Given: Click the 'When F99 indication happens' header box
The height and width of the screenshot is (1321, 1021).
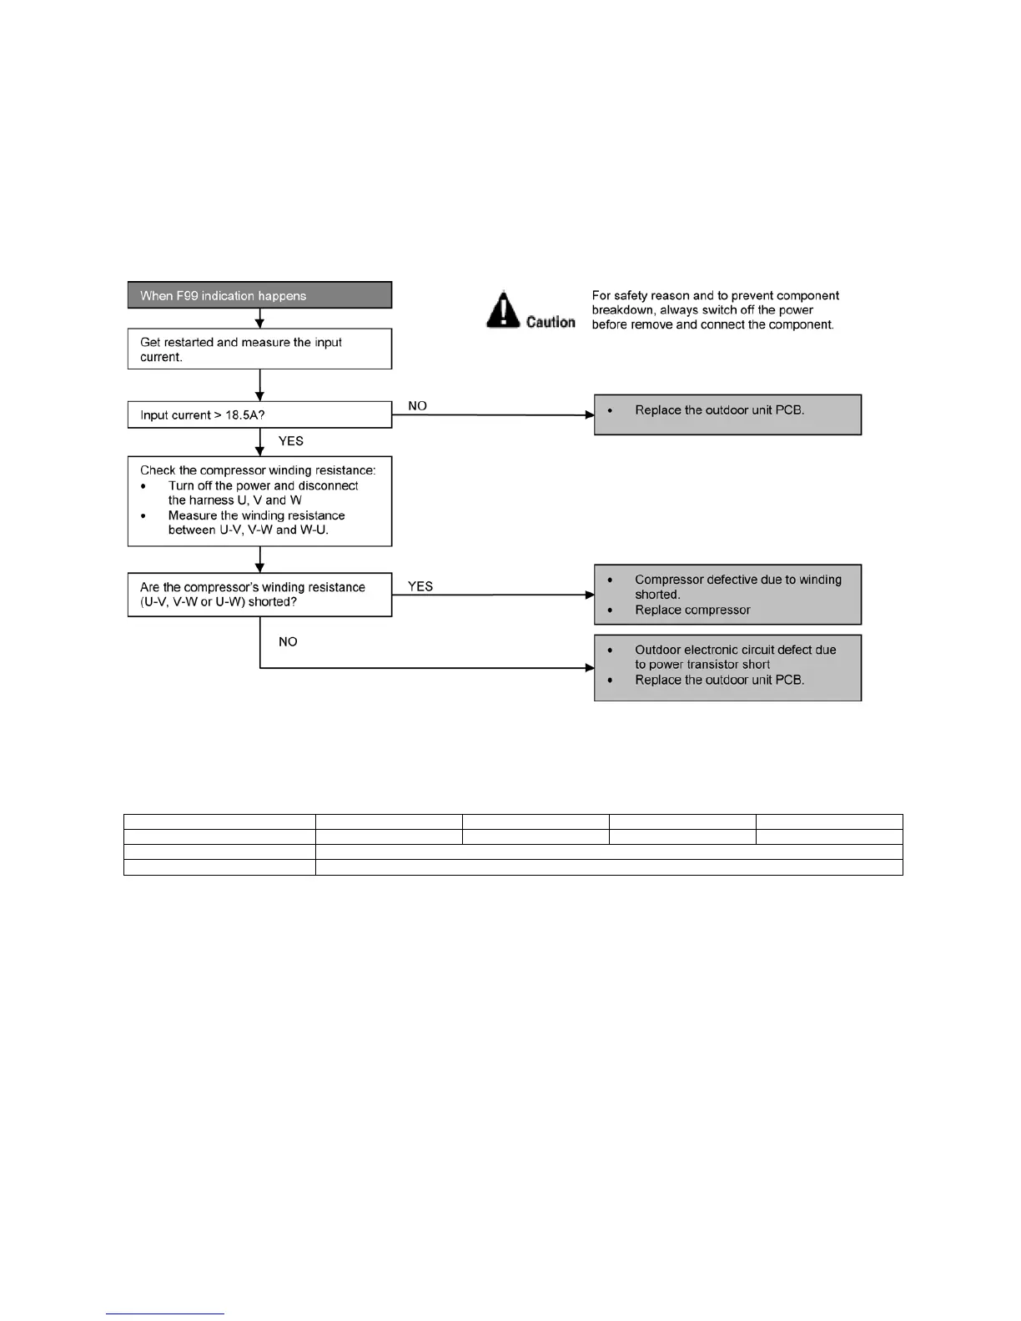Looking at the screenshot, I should (259, 295).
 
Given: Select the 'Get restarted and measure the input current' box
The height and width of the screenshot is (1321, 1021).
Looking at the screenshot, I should (259, 349).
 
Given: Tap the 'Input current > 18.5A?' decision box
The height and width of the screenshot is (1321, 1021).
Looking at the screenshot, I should (259, 415).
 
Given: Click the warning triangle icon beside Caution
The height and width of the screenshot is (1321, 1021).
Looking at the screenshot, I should (503, 309).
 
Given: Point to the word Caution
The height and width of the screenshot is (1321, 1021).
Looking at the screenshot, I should (551, 322).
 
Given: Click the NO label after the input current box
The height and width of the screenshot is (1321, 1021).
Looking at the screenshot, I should (417, 406).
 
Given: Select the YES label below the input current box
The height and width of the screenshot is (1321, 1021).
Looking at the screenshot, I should (290, 441).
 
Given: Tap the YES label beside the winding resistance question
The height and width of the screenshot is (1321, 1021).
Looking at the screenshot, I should (420, 586).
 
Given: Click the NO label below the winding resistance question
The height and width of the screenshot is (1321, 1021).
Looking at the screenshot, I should (288, 641).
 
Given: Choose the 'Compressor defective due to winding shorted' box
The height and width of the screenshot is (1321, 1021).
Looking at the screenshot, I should (727, 595).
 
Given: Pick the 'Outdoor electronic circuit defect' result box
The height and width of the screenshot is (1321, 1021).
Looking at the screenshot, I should (727, 668).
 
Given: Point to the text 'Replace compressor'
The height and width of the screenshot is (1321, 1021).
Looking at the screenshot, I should (692, 610).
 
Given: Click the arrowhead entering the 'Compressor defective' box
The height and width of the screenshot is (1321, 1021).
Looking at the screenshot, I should (590, 595).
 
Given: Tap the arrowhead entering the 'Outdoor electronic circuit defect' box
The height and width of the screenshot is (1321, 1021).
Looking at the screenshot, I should (590, 668).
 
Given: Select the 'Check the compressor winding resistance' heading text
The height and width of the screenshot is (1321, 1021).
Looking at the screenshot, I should (258, 470).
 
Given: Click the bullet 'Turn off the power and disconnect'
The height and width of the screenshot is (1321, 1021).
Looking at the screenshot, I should (263, 485).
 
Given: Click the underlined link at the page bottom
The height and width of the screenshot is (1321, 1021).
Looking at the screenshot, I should (165, 1313).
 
